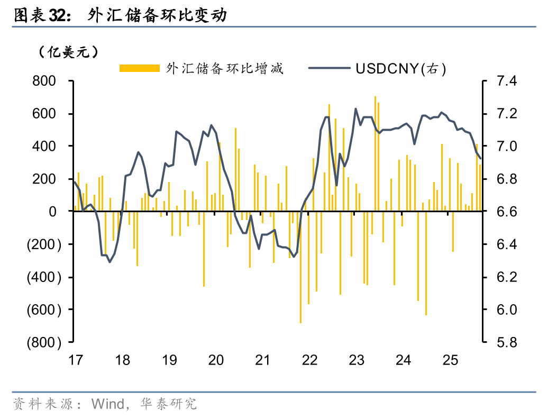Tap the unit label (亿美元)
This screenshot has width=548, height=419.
(68, 52)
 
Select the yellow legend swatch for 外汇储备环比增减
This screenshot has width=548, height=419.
(139, 68)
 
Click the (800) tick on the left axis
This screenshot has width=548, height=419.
(43, 342)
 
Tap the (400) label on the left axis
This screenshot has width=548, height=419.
(43, 277)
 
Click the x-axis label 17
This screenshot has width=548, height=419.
(76, 360)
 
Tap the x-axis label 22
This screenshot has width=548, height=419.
(309, 360)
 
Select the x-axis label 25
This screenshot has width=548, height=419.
(450, 360)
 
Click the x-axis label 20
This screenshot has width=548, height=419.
(216, 360)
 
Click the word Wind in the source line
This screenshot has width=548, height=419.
(107, 404)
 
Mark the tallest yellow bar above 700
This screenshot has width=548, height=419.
(375, 153)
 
